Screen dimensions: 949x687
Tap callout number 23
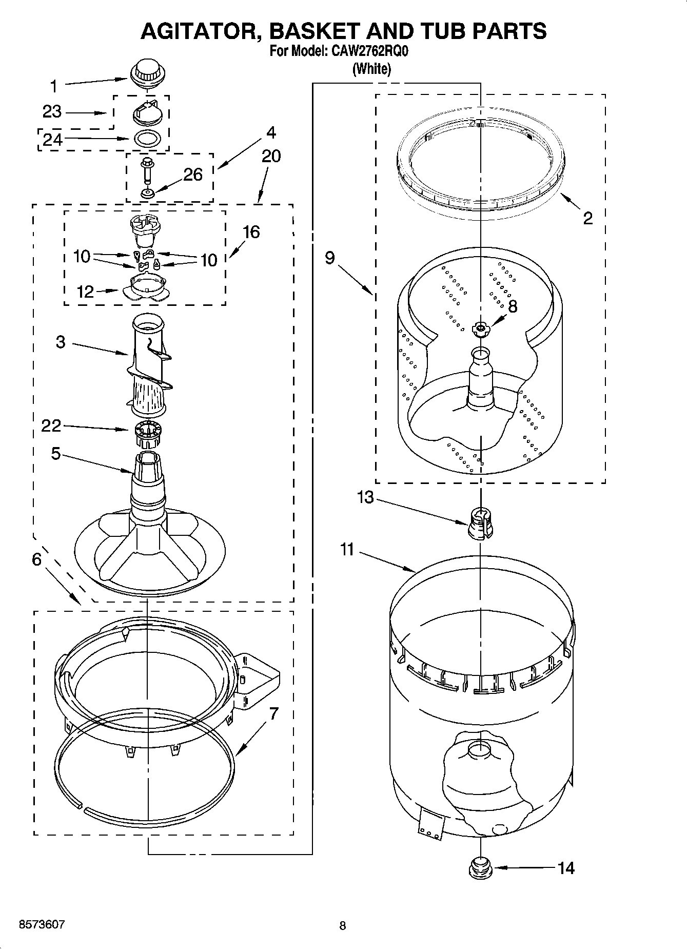click(52, 111)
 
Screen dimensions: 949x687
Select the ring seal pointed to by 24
click(146, 138)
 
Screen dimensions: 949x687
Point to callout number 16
click(251, 232)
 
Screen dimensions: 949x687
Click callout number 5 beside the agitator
click(56, 454)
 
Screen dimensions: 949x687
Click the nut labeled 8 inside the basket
click(481, 328)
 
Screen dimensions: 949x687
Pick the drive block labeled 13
click(480, 524)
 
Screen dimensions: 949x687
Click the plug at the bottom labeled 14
click(480, 868)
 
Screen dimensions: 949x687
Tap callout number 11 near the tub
click(347, 550)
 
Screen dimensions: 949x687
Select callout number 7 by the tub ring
click(273, 713)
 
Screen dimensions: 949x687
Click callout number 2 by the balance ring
click(587, 218)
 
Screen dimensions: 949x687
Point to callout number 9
click(329, 257)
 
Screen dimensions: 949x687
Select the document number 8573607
click(42, 924)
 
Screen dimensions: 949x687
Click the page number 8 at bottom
click(343, 925)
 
